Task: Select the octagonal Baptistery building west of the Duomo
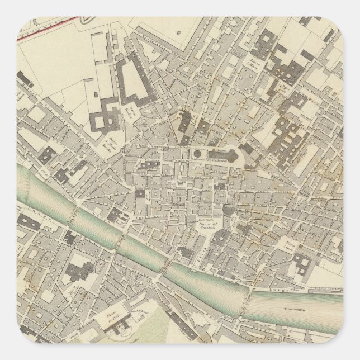coord(196,154)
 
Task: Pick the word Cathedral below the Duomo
coord(219,159)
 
